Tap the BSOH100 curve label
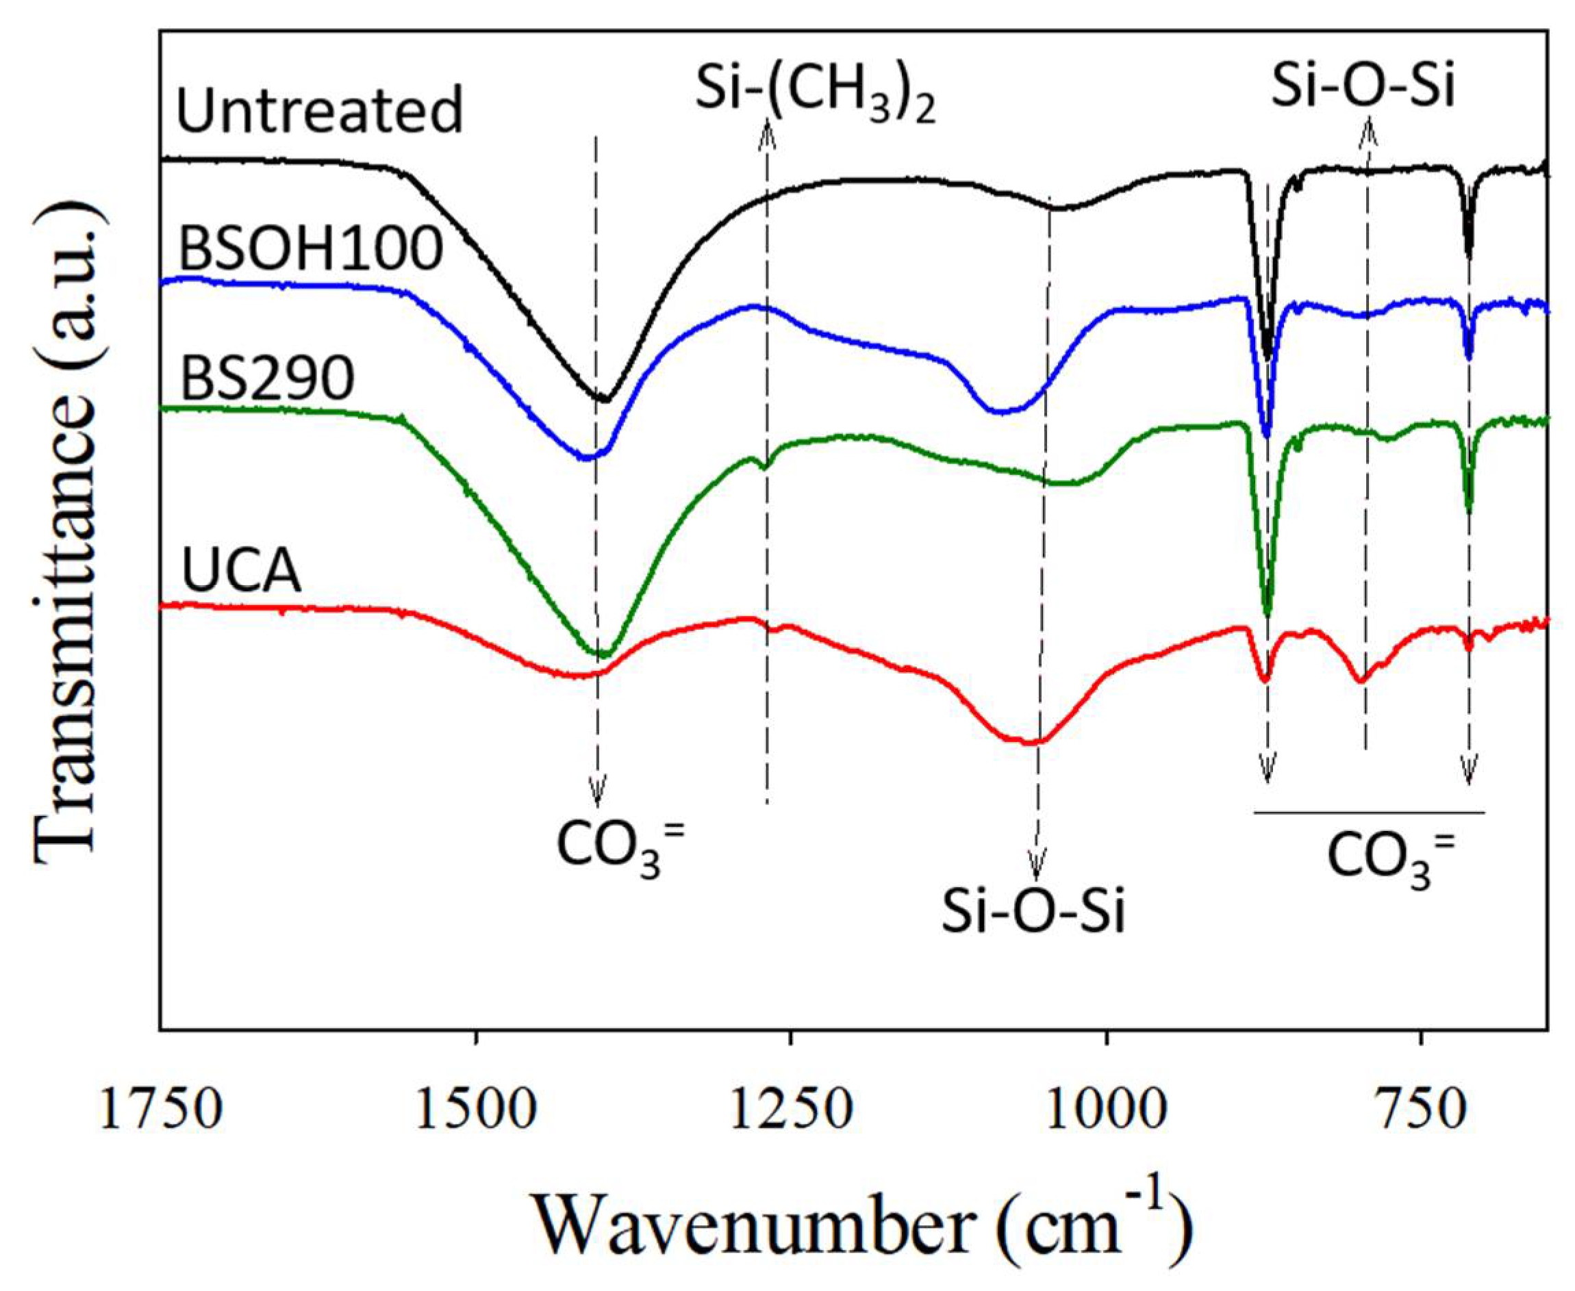[x=311, y=249]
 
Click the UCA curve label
[x=242, y=573]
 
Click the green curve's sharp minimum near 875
[x=1268, y=614]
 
